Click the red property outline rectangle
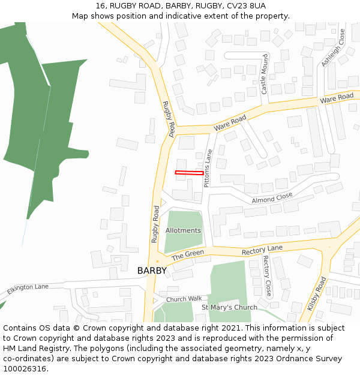tap(189, 173)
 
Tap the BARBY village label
tap(152, 271)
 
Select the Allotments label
tap(183, 230)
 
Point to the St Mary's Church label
tap(229, 307)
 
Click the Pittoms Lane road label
tap(208, 169)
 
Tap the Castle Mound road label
tap(265, 75)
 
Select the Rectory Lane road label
tap(262, 248)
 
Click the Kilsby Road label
tap(317, 293)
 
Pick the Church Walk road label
tap(184, 299)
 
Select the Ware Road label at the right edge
tap(337, 97)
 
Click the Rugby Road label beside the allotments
tap(155, 224)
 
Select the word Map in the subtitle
tap(80, 16)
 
